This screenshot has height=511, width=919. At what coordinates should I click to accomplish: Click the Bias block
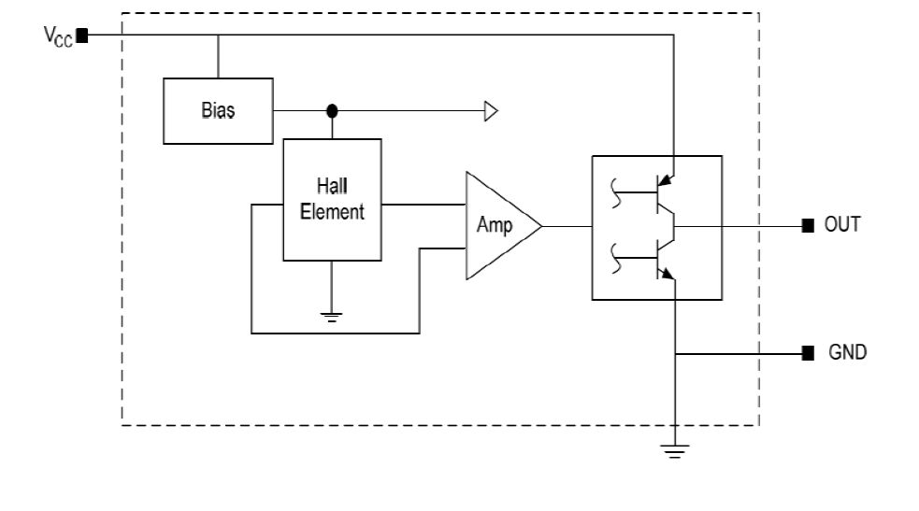(218, 110)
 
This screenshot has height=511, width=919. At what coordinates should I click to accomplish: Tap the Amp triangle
(497, 225)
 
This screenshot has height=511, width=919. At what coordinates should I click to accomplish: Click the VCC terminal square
(82, 36)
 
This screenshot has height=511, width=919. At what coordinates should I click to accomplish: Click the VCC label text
(58, 36)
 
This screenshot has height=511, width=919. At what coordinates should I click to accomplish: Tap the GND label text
(847, 354)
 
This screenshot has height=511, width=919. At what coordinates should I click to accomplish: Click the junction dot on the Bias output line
(331, 111)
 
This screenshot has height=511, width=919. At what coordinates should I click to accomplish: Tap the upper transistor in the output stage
(661, 192)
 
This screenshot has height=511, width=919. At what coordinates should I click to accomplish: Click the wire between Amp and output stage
(567, 226)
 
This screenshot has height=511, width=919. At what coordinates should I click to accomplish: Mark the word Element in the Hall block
(333, 212)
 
